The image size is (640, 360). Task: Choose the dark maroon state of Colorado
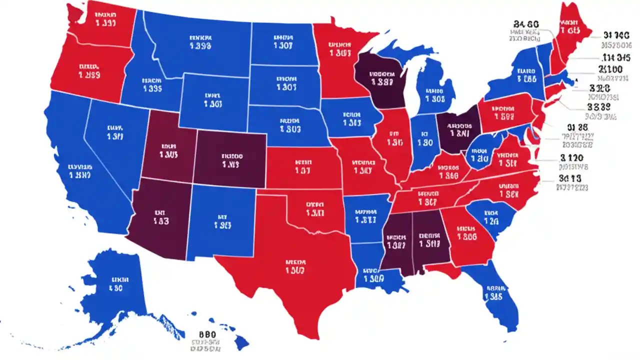point(230,160)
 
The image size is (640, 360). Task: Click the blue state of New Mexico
point(222,220)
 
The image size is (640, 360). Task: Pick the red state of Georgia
point(467,235)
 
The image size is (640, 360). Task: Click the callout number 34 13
point(571,177)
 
